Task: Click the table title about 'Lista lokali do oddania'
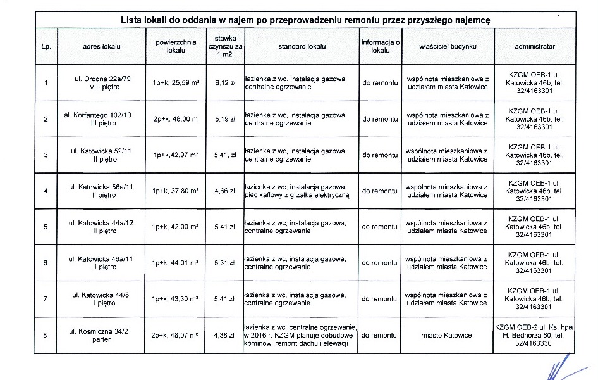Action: [x=305, y=20]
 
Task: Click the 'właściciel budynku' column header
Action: [x=448, y=47]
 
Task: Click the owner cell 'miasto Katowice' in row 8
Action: [x=446, y=335]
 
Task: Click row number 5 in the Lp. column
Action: [x=46, y=227]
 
